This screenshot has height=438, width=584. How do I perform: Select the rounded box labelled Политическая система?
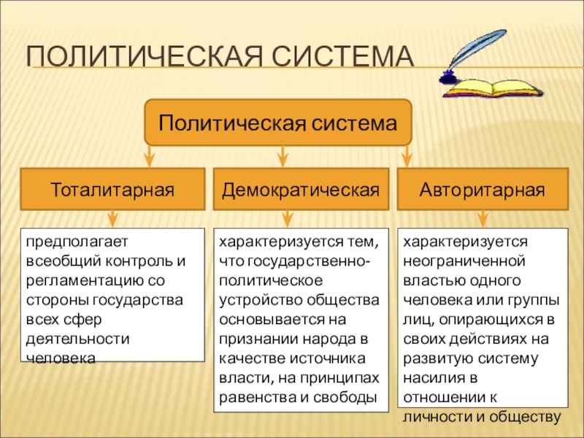279,122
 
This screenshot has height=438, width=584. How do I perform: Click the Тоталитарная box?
112,190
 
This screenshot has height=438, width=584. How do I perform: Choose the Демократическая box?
301,190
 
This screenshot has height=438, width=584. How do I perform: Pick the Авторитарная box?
482,190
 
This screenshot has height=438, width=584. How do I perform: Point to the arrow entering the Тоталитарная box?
148,157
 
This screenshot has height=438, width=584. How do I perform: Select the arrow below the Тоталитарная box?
112,218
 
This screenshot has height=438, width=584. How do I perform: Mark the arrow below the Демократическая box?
287,218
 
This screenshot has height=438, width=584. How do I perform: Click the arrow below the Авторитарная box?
482,218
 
